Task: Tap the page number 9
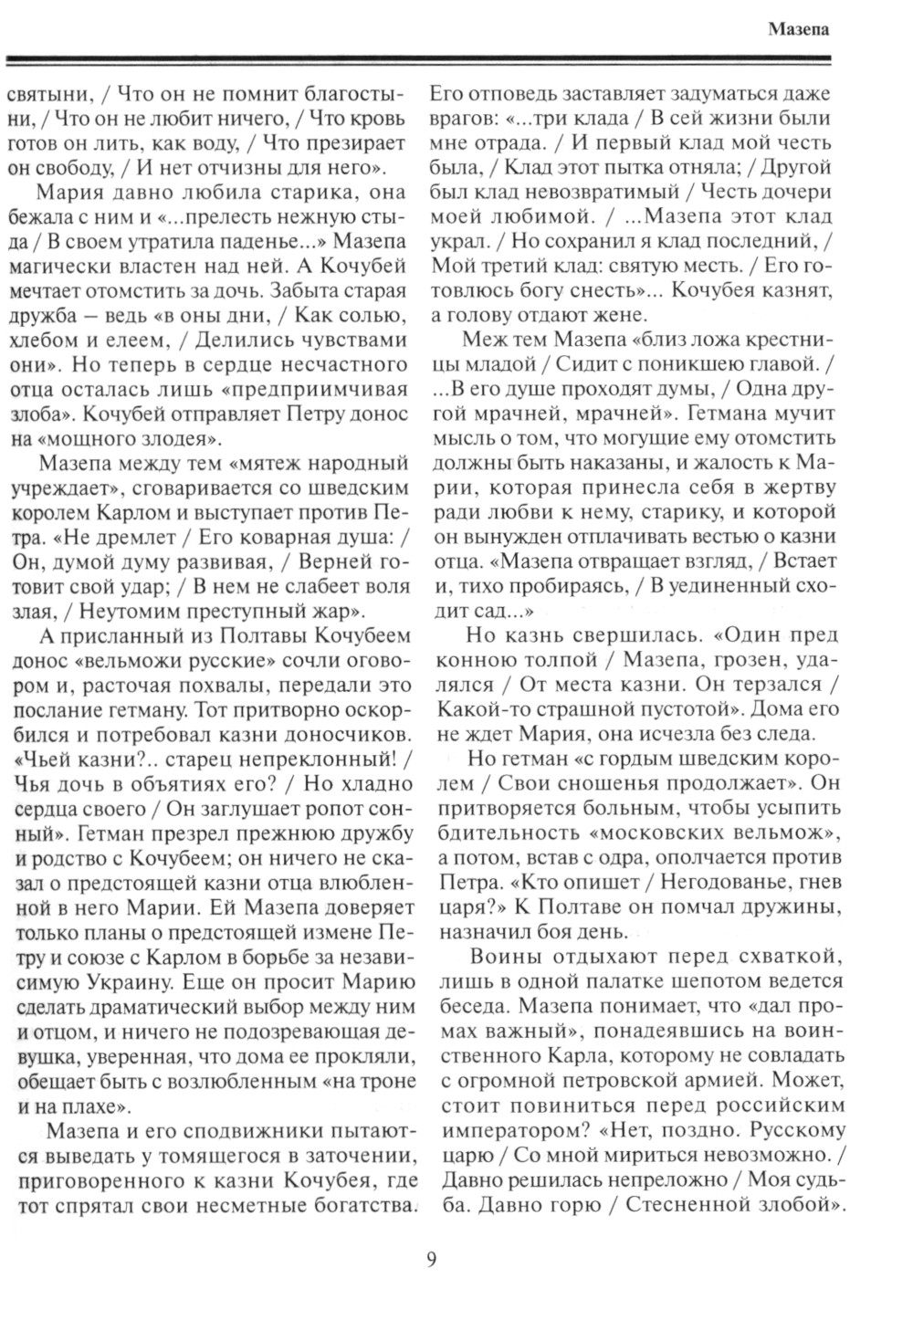(x=432, y=1261)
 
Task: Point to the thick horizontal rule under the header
(x=420, y=61)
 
